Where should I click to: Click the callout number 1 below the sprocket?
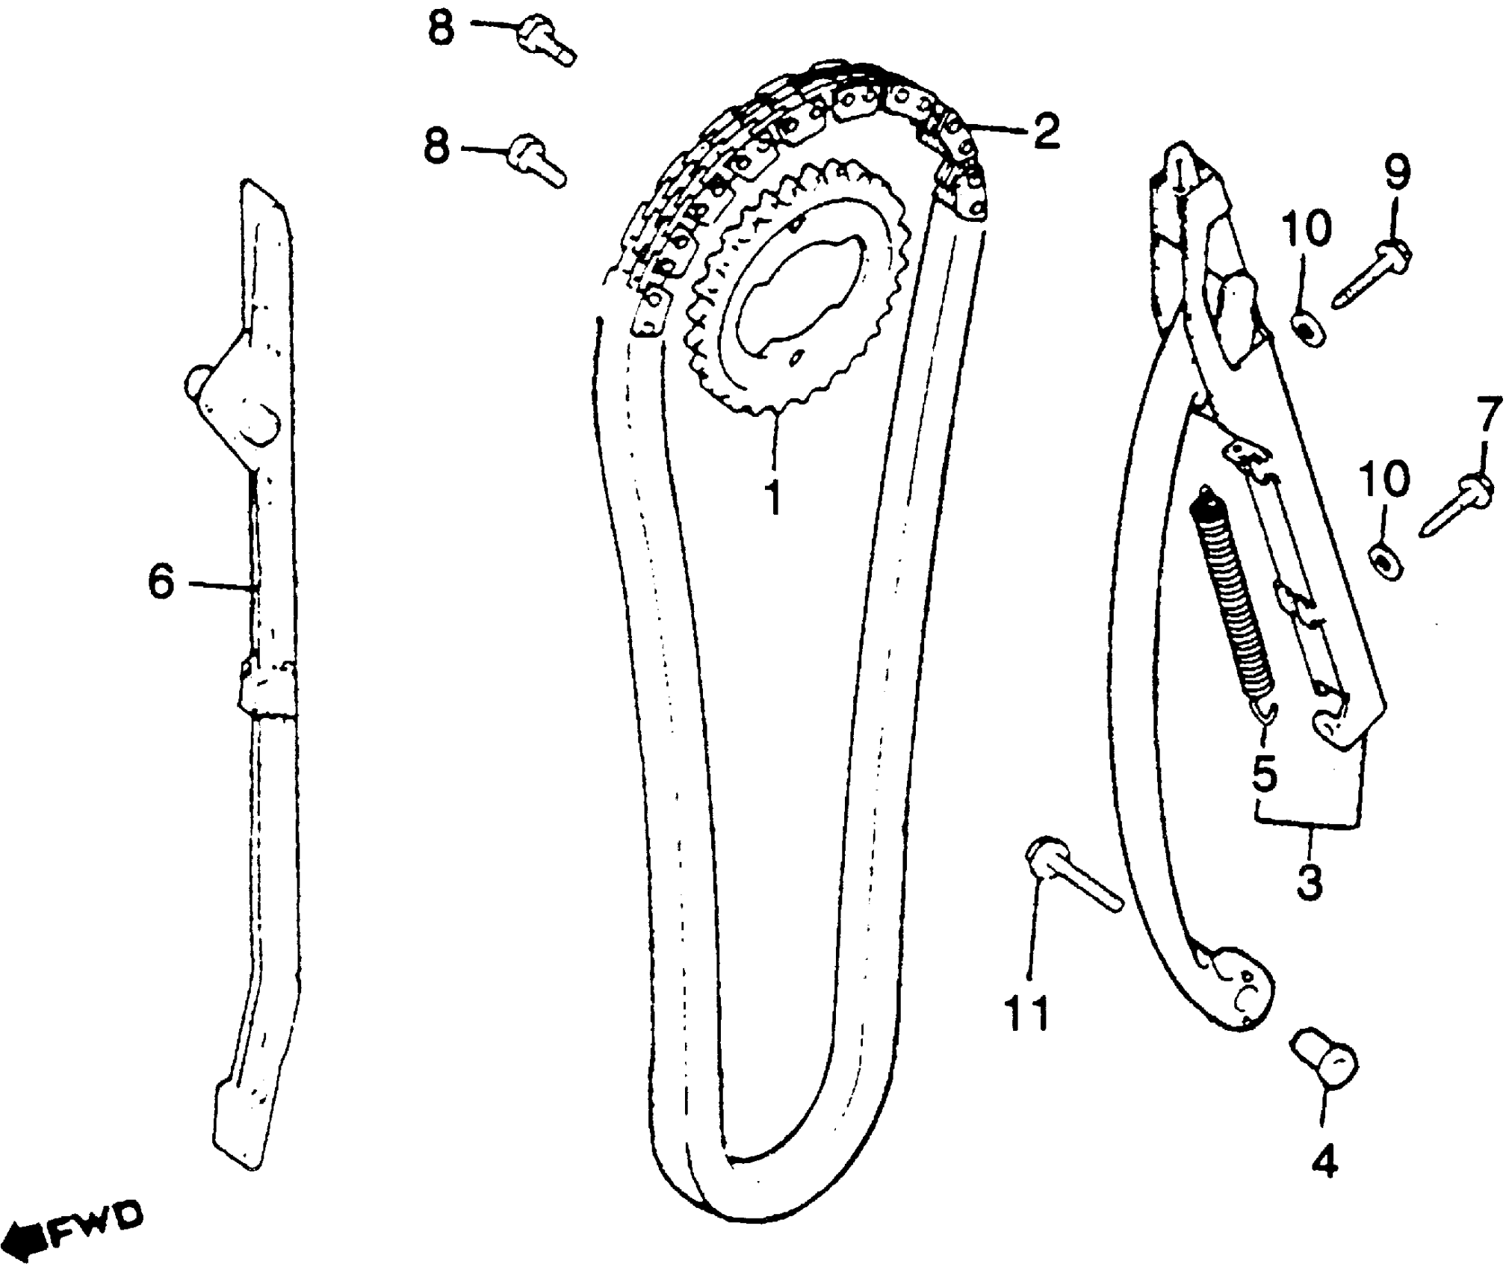point(774,496)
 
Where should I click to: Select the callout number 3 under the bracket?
point(1309,882)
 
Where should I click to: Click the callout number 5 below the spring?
point(1265,774)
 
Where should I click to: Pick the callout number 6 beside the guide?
point(161,581)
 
